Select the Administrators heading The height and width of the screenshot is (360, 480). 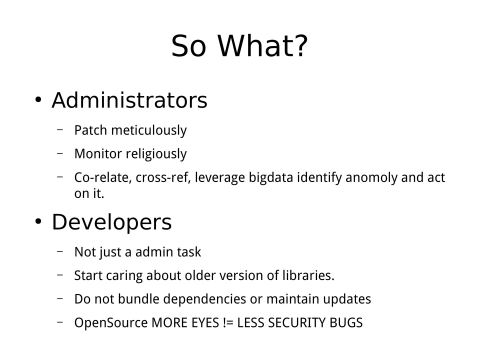(129, 100)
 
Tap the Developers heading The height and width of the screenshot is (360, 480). (111, 221)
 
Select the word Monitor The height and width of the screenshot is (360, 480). (96, 154)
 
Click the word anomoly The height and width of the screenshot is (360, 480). (376, 178)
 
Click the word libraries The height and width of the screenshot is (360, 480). (304, 275)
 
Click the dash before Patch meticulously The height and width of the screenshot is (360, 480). (60, 129)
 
